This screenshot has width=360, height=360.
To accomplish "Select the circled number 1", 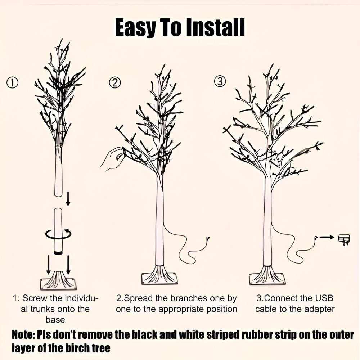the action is tap(12, 83).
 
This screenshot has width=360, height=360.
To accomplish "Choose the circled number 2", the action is tap(115, 83).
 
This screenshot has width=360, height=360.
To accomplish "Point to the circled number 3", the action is tap(220, 81).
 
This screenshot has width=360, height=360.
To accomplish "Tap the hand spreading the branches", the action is tap(112, 159).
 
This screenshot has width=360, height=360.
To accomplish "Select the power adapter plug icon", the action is tap(345, 239).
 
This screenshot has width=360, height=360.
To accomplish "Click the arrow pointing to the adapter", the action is tap(327, 237).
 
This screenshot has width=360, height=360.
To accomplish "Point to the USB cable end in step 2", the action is tap(208, 238).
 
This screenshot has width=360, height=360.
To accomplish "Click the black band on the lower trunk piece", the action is tap(58, 253).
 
